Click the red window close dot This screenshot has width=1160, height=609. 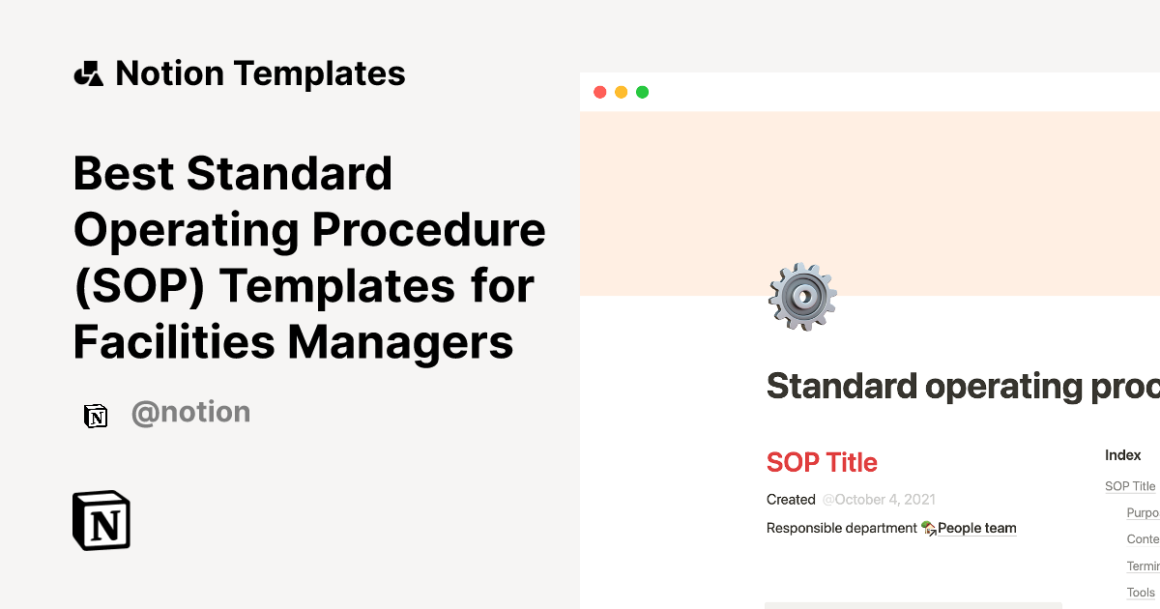(599, 93)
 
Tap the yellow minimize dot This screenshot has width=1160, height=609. (621, 93)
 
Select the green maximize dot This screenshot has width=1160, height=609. (642, 93)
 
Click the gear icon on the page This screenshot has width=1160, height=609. (802, 297)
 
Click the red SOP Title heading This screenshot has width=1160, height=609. (822, 462)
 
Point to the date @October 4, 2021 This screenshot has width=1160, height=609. (879, 500)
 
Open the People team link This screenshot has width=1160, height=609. (976, 528)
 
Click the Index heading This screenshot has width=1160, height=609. (1123, 454)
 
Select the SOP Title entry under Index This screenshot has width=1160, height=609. (1130, 486)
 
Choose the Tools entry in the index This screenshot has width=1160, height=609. (1141, 593)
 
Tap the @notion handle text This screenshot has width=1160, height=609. (190, 413)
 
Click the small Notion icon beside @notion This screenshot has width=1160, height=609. (96, 416)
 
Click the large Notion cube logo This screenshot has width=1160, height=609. (101, 520)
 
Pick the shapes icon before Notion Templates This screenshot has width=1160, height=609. (88, 73)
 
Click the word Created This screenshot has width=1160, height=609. (791, 500)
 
